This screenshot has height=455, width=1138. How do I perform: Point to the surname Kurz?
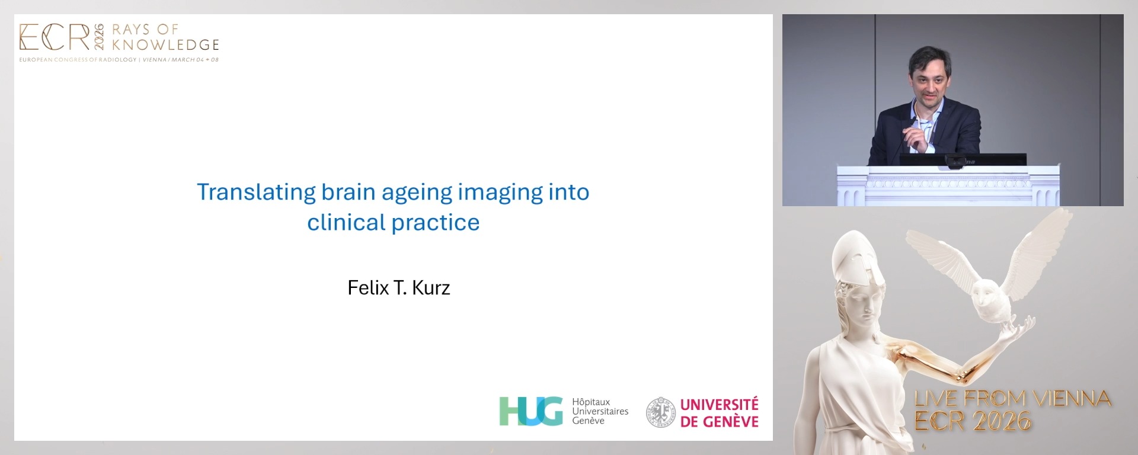pyautogui.click(x=431, y=288)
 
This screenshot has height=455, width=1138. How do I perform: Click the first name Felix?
pyautogui.click(x=368, y=288)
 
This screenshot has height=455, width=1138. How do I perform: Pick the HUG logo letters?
pyautogui.click(x=531, y=411)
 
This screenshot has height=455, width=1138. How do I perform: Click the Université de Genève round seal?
pyautogui.click(x=660, y=412)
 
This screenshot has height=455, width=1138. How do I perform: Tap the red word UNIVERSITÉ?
pyautogui.click(x=719, y=405)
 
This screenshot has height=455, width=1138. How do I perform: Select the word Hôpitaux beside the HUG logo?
pyautogui.click(x=591, y=402)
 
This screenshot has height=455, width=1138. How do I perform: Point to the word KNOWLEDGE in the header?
pyautogui.click(x=165, y=45)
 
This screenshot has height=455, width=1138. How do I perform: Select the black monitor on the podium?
pyautogui.click(x=963, y=159)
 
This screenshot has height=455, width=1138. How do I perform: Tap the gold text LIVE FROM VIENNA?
pyautogui.click(x=1012, y=399)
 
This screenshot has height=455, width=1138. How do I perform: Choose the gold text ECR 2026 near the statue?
pyautogui.click(x=973, y=421)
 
